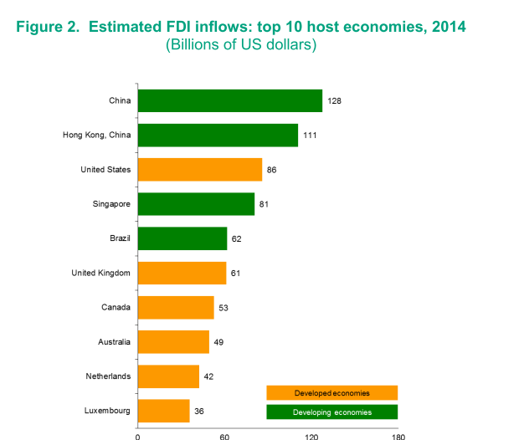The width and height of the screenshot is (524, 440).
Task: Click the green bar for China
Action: coord(229,100)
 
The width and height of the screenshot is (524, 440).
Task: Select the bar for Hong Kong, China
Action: coord(218,135)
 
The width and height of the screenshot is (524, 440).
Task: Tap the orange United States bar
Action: coord(199,170)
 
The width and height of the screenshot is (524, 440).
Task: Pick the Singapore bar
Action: coord(196,204)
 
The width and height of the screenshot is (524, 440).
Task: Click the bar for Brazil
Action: coord(182,238)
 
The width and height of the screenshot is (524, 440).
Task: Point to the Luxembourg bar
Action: coord(163,411)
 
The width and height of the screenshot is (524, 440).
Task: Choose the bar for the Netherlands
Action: coord(167,376)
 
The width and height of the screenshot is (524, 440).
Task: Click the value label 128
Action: coord(335,101)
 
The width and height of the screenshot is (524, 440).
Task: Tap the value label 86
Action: coord(271,170)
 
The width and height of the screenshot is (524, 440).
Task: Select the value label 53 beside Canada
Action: coord(223,308)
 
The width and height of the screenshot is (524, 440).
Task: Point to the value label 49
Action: coord(218,342)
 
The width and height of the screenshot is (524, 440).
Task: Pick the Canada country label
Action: coord(116,308)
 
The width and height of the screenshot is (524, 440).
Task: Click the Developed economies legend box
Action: coord(331,392)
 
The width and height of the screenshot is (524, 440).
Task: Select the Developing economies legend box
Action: coord(331,412)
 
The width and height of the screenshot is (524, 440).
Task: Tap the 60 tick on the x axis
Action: coord(224,436)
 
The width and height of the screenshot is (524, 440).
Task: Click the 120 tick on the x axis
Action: coord(311,436)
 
